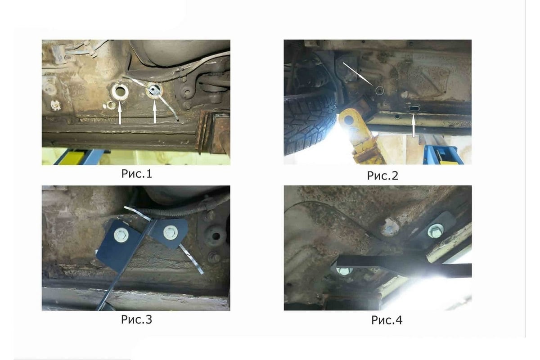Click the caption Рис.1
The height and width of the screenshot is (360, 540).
point(137,174)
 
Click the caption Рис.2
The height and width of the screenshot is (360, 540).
point(382,175)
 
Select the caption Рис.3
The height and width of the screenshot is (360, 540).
point(136,319)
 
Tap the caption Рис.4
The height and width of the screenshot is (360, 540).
point(387,320)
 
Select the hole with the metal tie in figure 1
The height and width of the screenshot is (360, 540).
point(154,90)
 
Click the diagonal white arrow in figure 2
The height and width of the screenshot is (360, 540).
point(358,74)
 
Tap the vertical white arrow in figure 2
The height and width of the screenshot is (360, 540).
point(414,126)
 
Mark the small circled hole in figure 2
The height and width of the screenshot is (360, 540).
point(379,90)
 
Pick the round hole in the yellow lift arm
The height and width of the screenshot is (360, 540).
point(349,120)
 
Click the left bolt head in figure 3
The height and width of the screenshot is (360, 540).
point(121,235)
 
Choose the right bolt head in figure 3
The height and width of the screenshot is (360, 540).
point(171,233)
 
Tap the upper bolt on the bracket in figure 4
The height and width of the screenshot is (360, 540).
point(436,231)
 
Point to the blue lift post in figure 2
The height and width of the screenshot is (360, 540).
point(443,155)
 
